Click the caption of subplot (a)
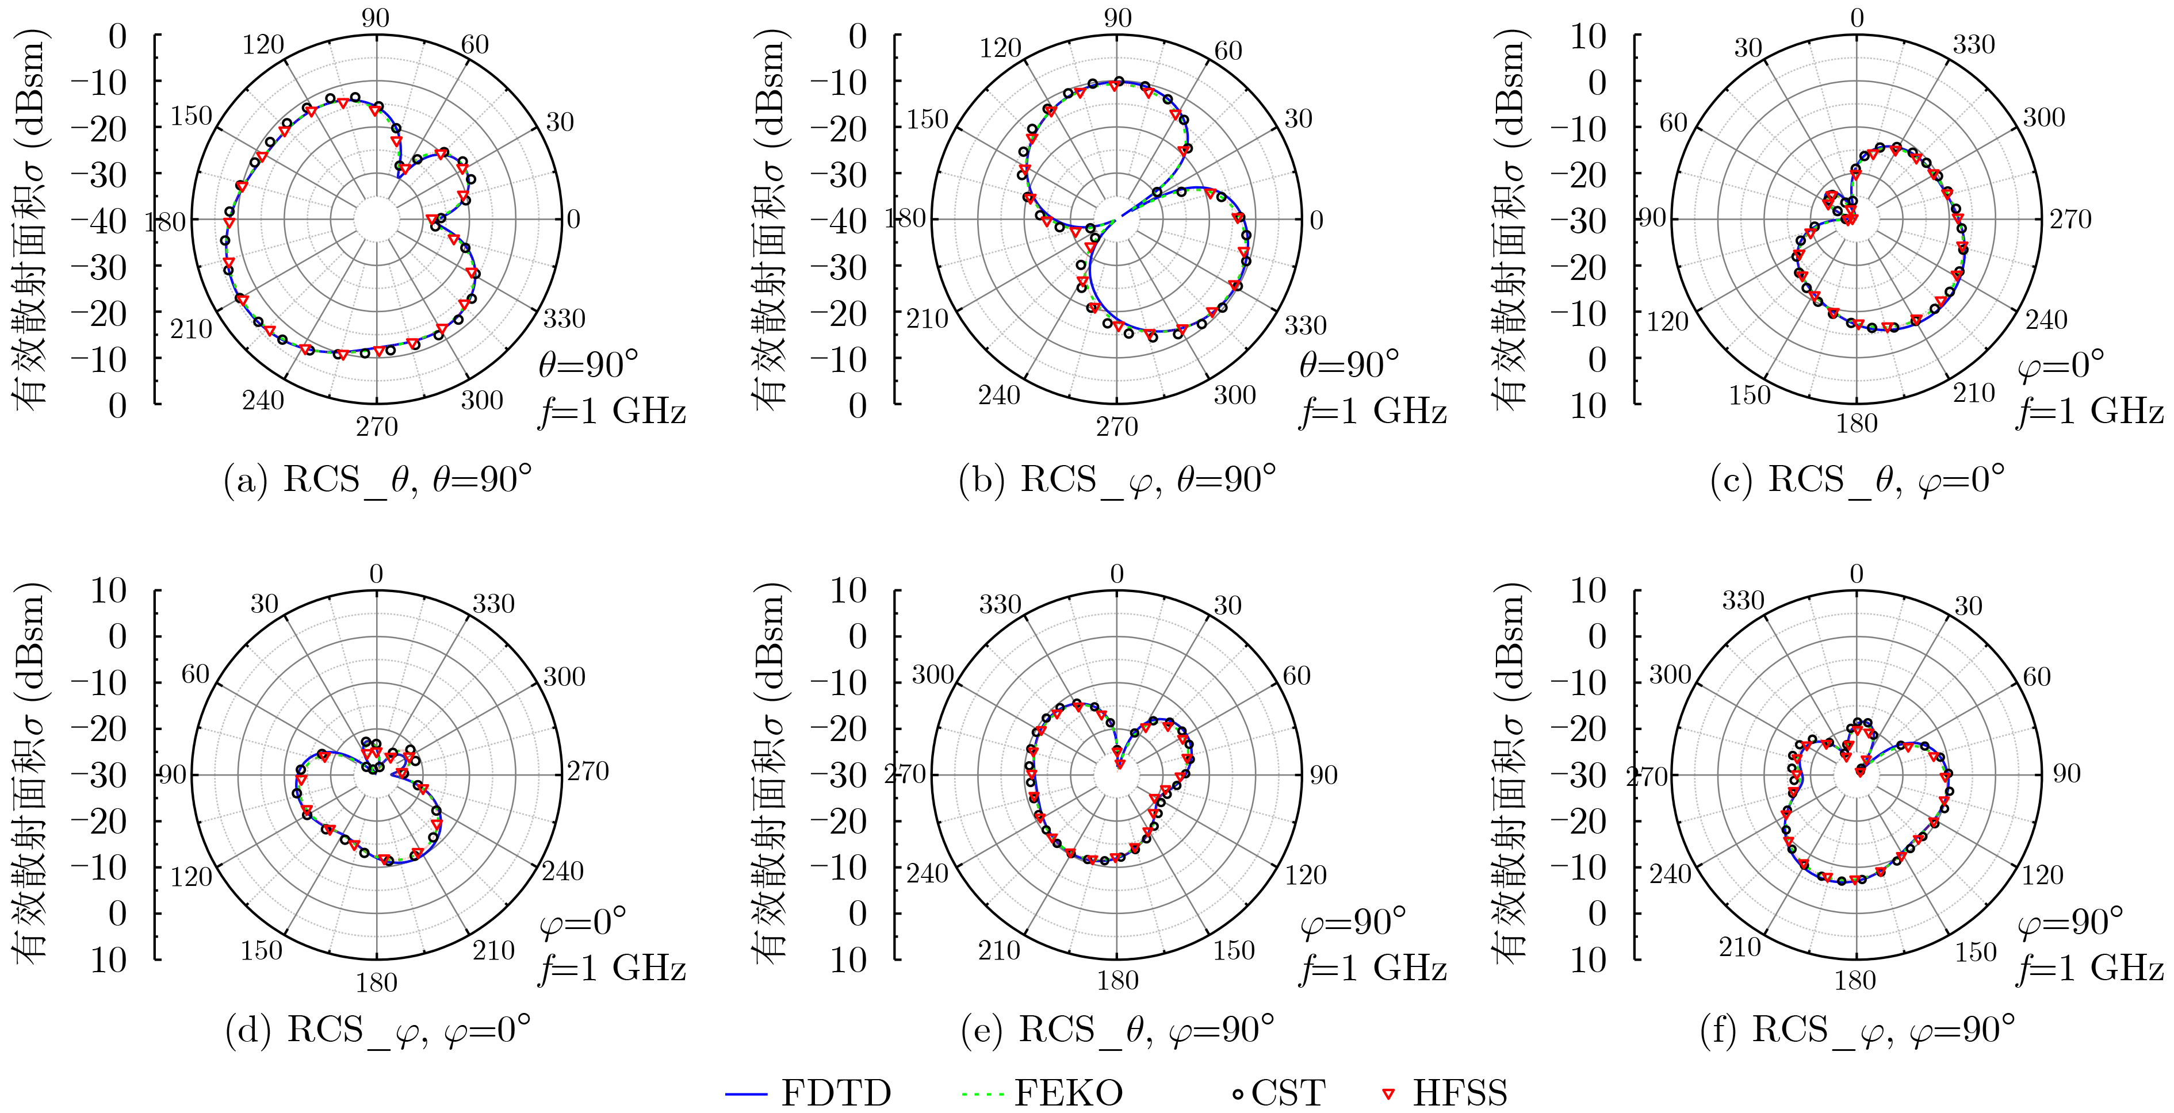[377, 479]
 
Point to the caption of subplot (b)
[1116, 479]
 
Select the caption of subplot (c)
[1857, 479]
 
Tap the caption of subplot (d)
[377, 1030]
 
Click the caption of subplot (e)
[1116, 1030]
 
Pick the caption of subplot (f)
[1857, 1030]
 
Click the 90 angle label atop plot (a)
[376, 18]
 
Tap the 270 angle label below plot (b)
[1116, 427]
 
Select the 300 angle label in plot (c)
[2043, 117]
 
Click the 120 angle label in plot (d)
[192, 877]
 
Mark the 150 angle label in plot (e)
[1234, 951]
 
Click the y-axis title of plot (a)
[30, 220]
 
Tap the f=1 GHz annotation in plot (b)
[1373, 412]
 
